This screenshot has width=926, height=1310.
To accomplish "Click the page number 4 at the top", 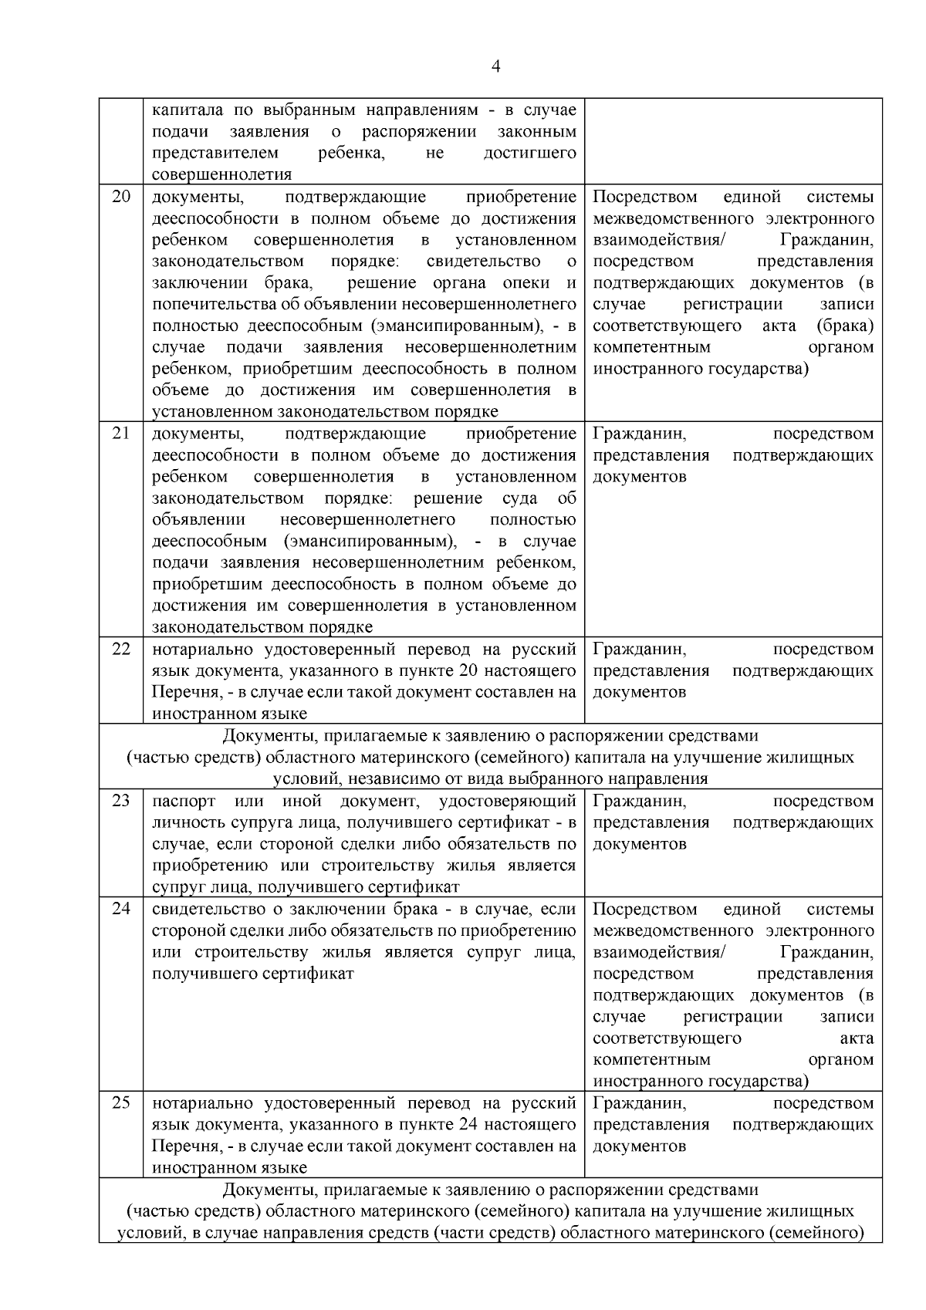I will (x=495, y=67).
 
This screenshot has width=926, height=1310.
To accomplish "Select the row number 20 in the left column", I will (x=121, y=196).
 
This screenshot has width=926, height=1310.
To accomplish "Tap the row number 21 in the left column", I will (x=121, y=433).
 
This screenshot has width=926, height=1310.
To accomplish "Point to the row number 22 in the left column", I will (x=121, y=648).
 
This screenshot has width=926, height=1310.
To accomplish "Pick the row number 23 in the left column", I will (x=121, y=800).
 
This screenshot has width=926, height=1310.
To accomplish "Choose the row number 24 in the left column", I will (x=121, y=908).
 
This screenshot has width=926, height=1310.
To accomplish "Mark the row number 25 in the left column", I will (x=121, y=1102).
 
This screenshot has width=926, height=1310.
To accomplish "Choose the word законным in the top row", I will (x=542, y=131).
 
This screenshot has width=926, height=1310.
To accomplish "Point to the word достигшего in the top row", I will (x=529, y=153).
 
